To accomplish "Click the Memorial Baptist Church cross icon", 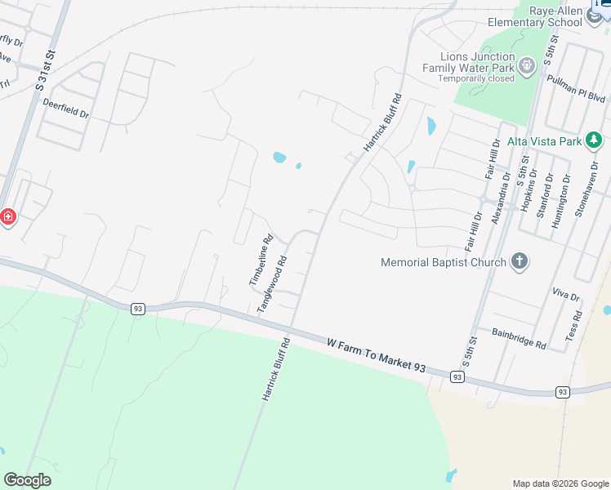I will [519, 261].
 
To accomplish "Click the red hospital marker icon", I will [7, 217].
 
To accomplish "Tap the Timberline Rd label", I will [260, 261].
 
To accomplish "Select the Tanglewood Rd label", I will [274, 283].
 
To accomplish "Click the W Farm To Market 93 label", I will [377, 357].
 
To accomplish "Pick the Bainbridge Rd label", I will [519, 338].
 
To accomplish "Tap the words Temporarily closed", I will [476, 78].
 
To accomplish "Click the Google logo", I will [27, 480].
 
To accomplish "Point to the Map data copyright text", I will [560, 483].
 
